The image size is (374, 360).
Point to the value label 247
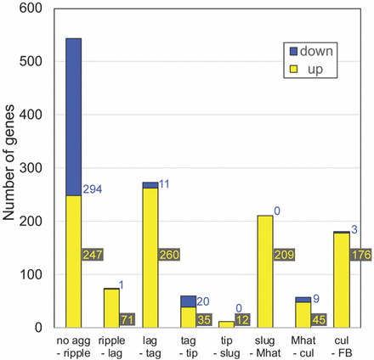[x=93, y=254]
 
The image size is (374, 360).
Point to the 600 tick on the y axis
[x=35, y=8]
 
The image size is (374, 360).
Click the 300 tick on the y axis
[x=35, y=167]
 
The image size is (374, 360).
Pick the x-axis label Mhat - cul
[x=302, y=346]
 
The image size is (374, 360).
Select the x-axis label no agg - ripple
[x=67, y=346]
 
